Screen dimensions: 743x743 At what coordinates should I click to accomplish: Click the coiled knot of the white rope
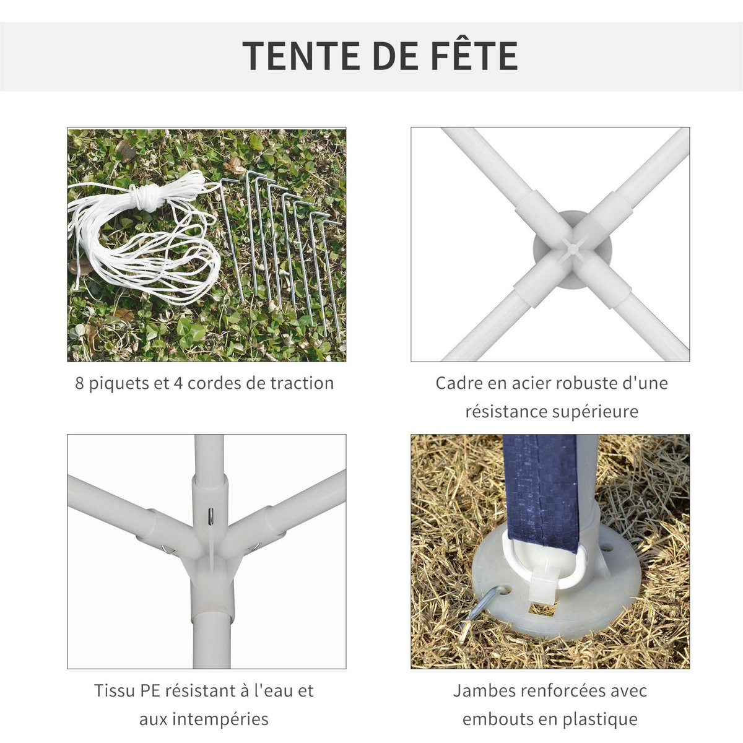149,198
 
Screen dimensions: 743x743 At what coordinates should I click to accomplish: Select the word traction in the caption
302,383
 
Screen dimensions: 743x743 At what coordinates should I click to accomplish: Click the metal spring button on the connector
211,514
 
